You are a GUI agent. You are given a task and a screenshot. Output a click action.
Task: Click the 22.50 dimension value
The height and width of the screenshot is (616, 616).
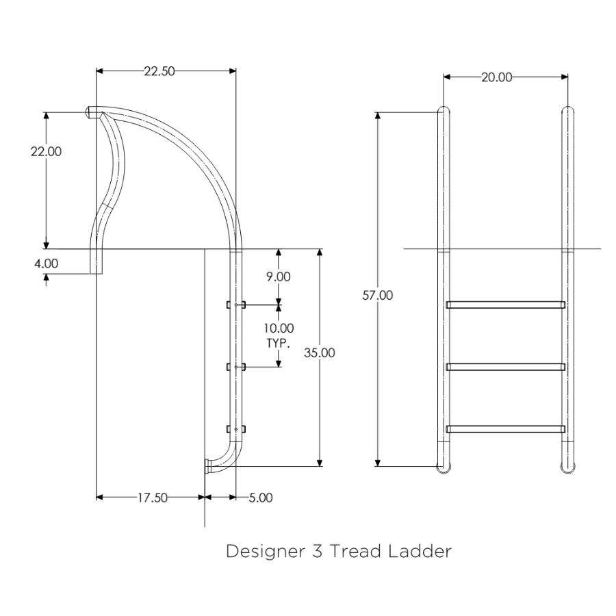click(x=159, y=71)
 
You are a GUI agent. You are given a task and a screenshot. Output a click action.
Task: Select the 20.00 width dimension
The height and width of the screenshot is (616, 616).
click(x=497, y=77)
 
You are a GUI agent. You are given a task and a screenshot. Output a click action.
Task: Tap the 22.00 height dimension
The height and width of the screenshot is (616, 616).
click(x=47, y=152)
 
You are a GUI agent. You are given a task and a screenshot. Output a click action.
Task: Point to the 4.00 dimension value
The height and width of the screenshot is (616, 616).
click(x=47, y=264)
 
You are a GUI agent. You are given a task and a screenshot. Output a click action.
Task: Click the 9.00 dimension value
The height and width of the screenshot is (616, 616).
click(x=279, y=277)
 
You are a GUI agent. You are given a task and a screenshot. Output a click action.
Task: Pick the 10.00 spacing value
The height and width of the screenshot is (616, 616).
click(x=279, y=329)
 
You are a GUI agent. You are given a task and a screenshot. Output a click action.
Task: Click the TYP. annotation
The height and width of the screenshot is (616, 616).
click(x=278, y=344)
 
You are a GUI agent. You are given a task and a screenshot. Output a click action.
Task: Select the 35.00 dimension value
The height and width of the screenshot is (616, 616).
click(x=320, y=352)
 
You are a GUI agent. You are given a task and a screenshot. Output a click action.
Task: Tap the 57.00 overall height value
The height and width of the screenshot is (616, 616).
click(x=378, y=296)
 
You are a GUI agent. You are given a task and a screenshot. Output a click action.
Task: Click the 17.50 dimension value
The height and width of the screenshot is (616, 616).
click(x=153, y=498)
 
